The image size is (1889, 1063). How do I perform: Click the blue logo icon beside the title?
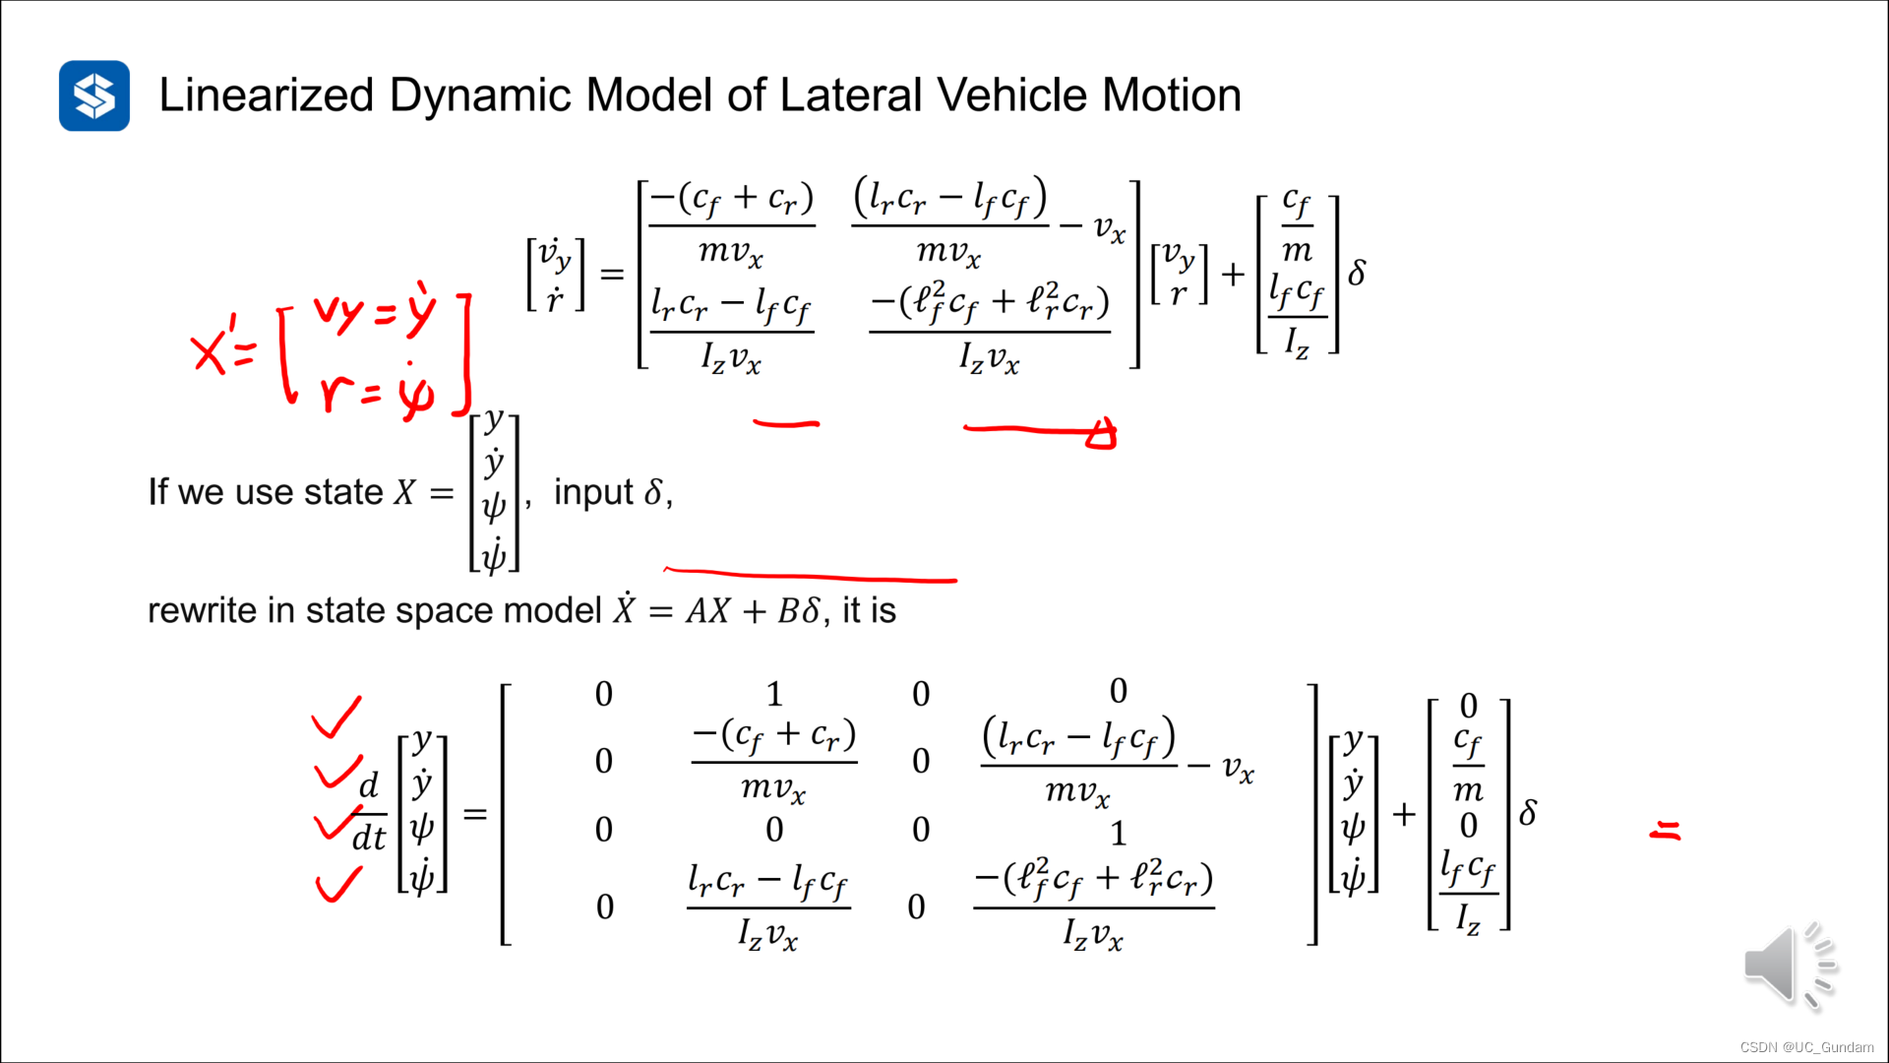94,95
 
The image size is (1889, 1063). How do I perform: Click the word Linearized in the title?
267,95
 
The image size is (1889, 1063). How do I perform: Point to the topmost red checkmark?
336,717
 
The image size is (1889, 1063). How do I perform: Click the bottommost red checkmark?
338,883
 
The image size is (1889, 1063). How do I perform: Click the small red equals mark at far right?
1665,832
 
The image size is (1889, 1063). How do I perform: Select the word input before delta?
593,492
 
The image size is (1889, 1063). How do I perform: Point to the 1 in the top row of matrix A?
774,695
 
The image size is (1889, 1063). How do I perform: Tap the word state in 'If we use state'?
343,492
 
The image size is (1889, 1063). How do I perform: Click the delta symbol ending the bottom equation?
1528,813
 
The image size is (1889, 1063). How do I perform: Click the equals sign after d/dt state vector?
475,814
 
